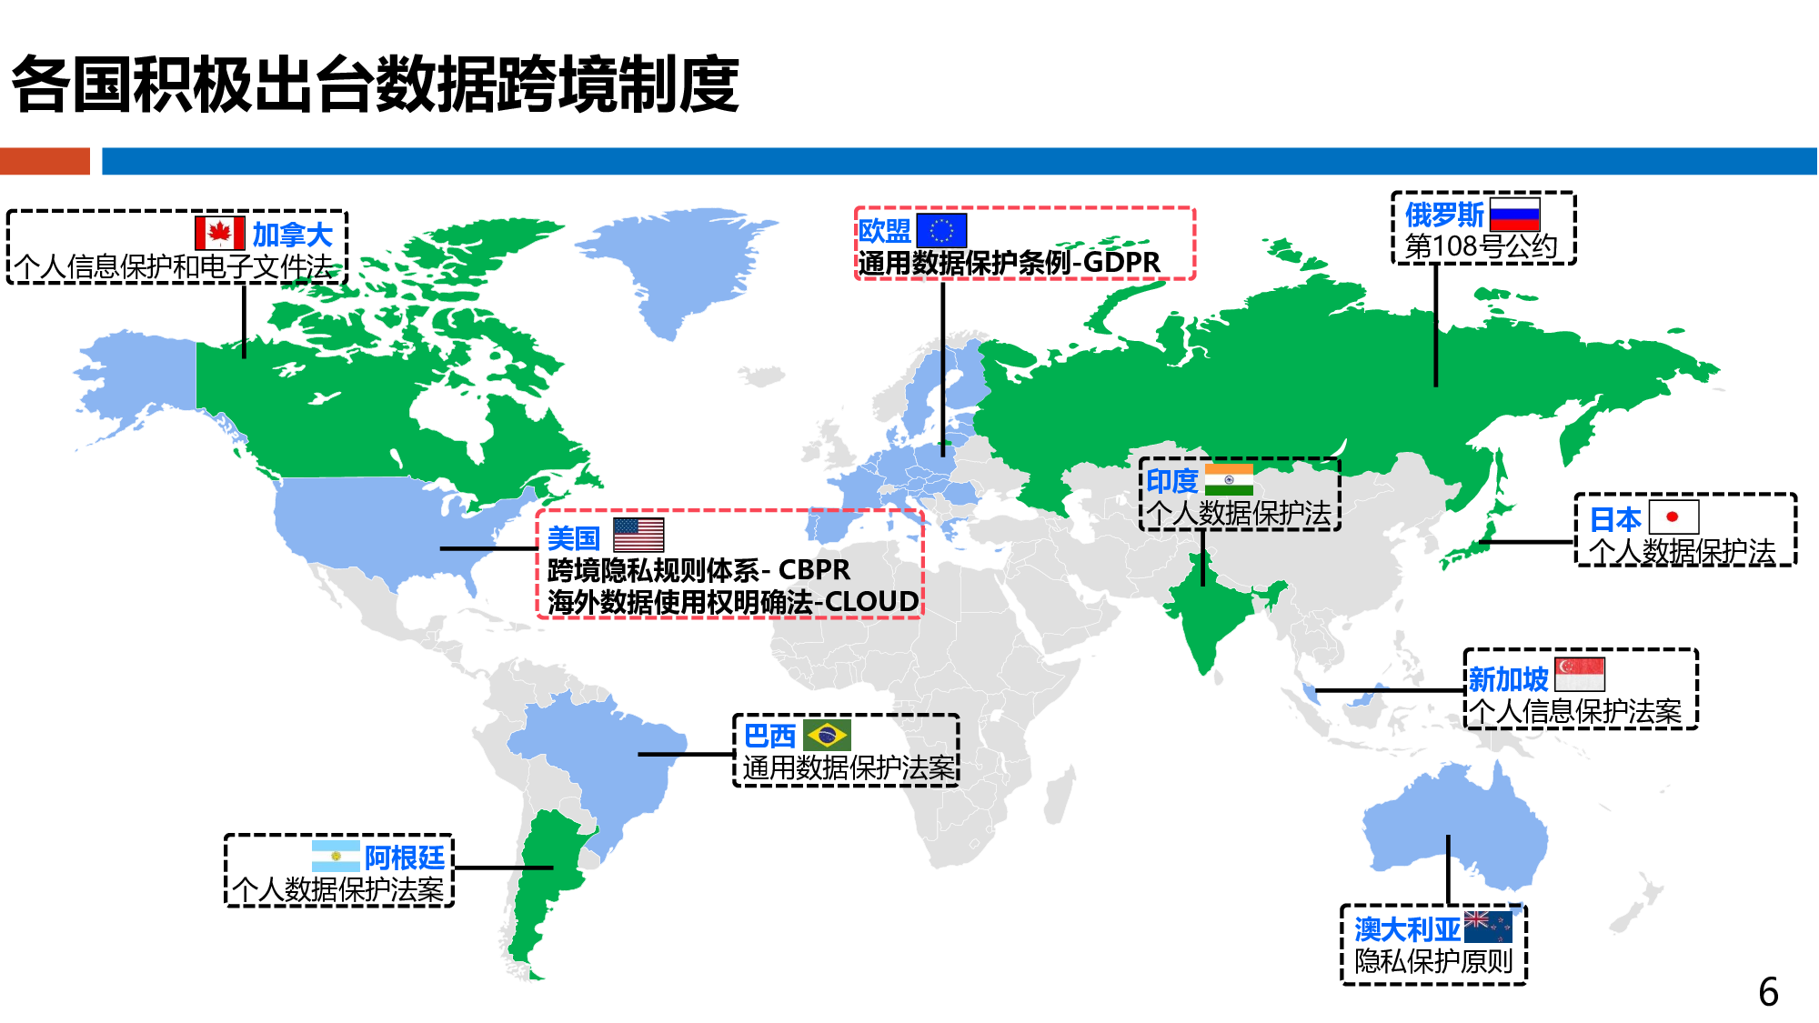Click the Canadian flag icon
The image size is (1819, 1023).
(x=219, y=233)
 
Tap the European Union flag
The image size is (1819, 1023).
(x=940, y=230)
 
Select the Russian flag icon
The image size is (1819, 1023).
(x=1514, y=215)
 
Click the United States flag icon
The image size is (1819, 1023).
(x=638, y=535)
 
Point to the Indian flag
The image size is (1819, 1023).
(x=1229, y=479)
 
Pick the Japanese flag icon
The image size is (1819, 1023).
(x=1673, y=517)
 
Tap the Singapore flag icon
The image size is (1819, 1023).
(x=1580, y=675)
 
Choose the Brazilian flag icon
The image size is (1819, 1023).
(x=827, y=734)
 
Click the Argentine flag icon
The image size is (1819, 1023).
(x=336, y=856)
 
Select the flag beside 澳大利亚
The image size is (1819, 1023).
(x=1488, y=927)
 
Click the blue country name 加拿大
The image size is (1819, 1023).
(x=292, y=235)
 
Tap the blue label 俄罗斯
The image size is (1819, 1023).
(x=1444, y=215)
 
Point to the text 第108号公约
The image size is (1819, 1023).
(x=1481, y=246)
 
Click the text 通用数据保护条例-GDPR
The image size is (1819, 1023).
(x=1009, y=263)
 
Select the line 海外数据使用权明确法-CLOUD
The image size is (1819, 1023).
(x=732, y=602)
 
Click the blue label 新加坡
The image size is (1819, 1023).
(x=1508, y=678)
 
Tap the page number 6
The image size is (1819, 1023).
(x=1768, y=992)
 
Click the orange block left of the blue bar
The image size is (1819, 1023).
(x=45, y=161)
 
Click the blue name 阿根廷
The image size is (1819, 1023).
(x=404, y=857)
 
